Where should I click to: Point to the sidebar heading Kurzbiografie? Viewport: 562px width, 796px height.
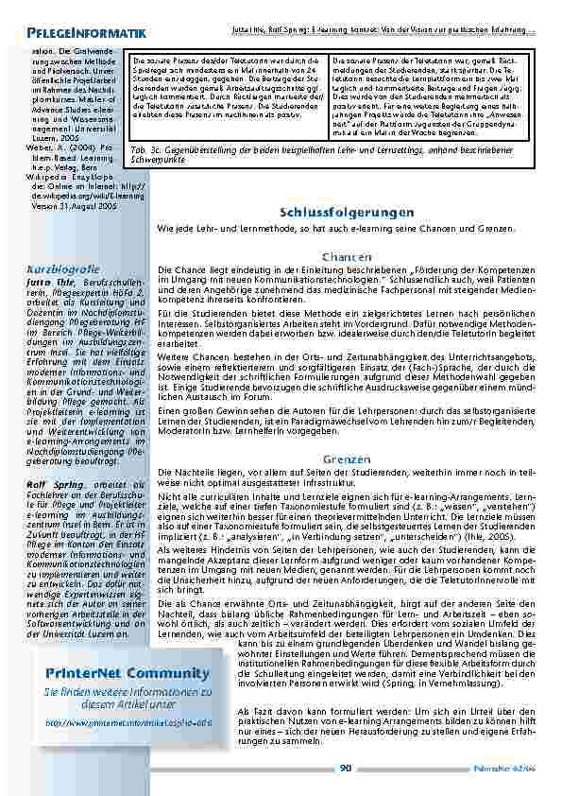[x=63, y=269]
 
